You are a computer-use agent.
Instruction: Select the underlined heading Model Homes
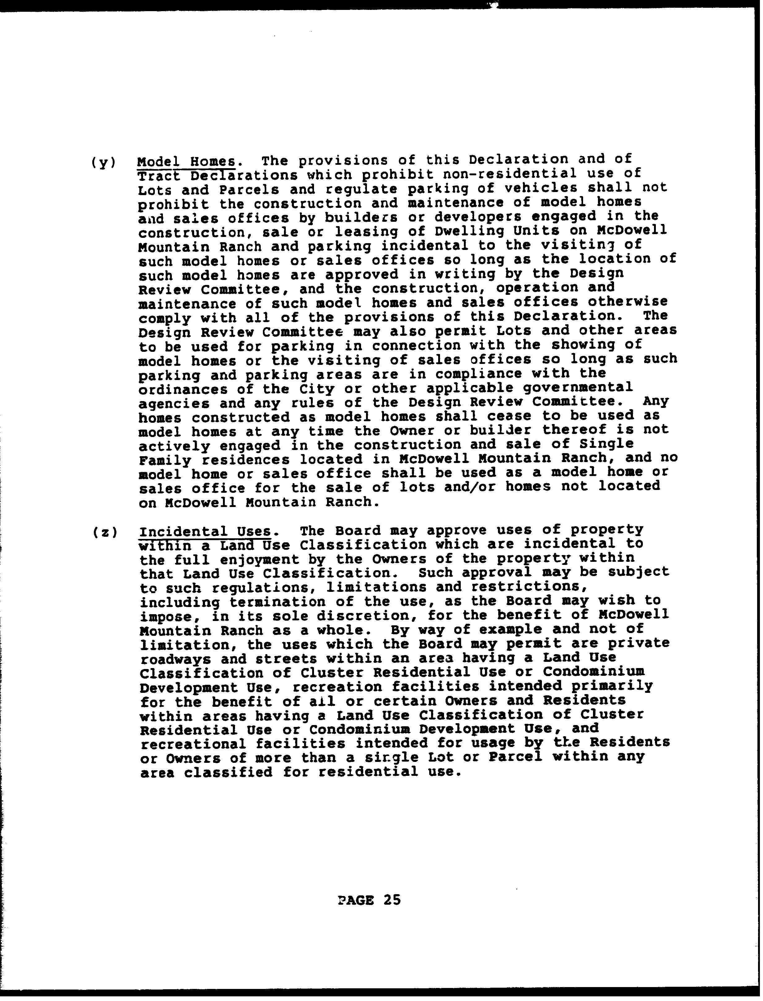(x=186, y=162)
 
